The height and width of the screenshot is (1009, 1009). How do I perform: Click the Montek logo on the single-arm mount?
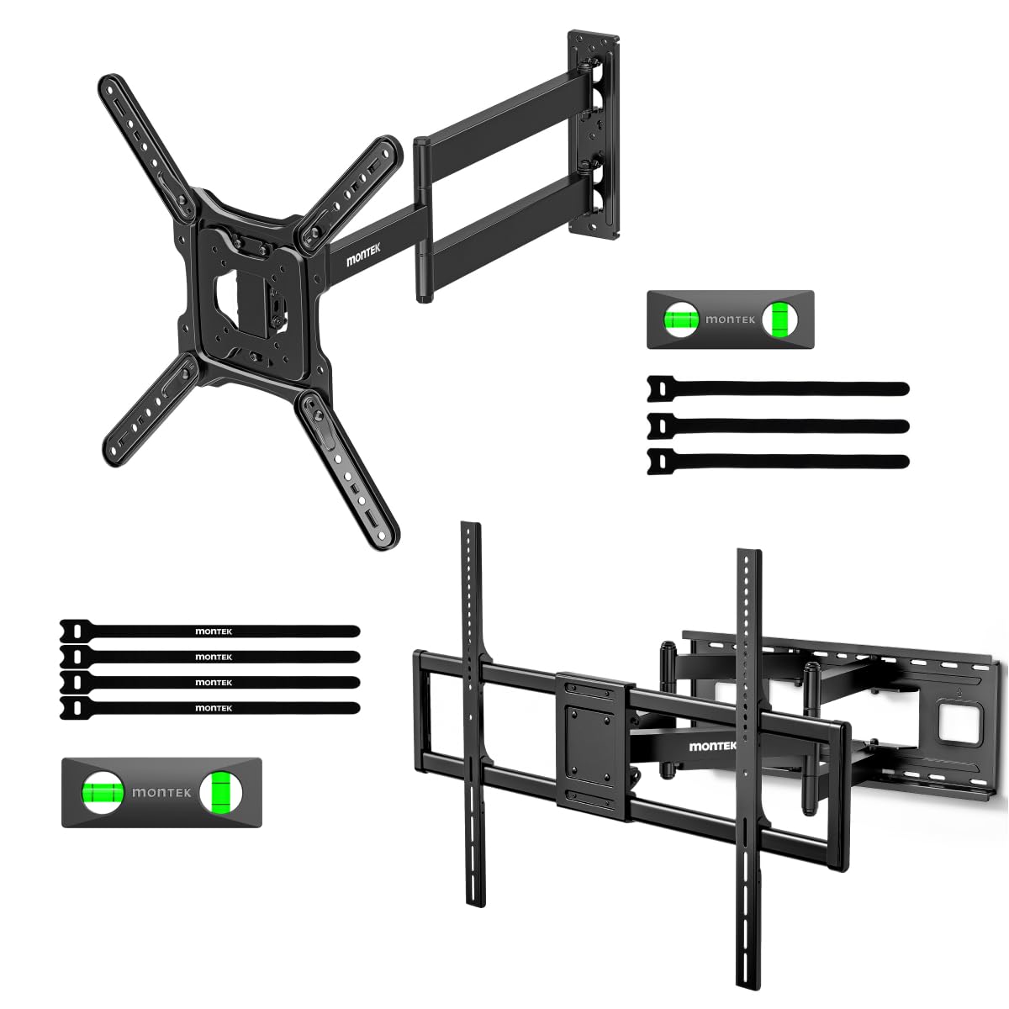(x=363, y=255)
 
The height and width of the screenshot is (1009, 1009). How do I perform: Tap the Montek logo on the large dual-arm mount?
(x=713, y=746)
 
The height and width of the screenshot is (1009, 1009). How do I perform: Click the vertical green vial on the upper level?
(x=779, y=319)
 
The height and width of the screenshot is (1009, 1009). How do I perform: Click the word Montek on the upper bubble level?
(x=730, y=319)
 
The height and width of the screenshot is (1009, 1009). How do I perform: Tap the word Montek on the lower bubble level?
(x=161, y=793)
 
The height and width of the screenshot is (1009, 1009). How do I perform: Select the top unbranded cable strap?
(x=778, y=389)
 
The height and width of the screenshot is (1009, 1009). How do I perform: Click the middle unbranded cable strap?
(x=778, y=425)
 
